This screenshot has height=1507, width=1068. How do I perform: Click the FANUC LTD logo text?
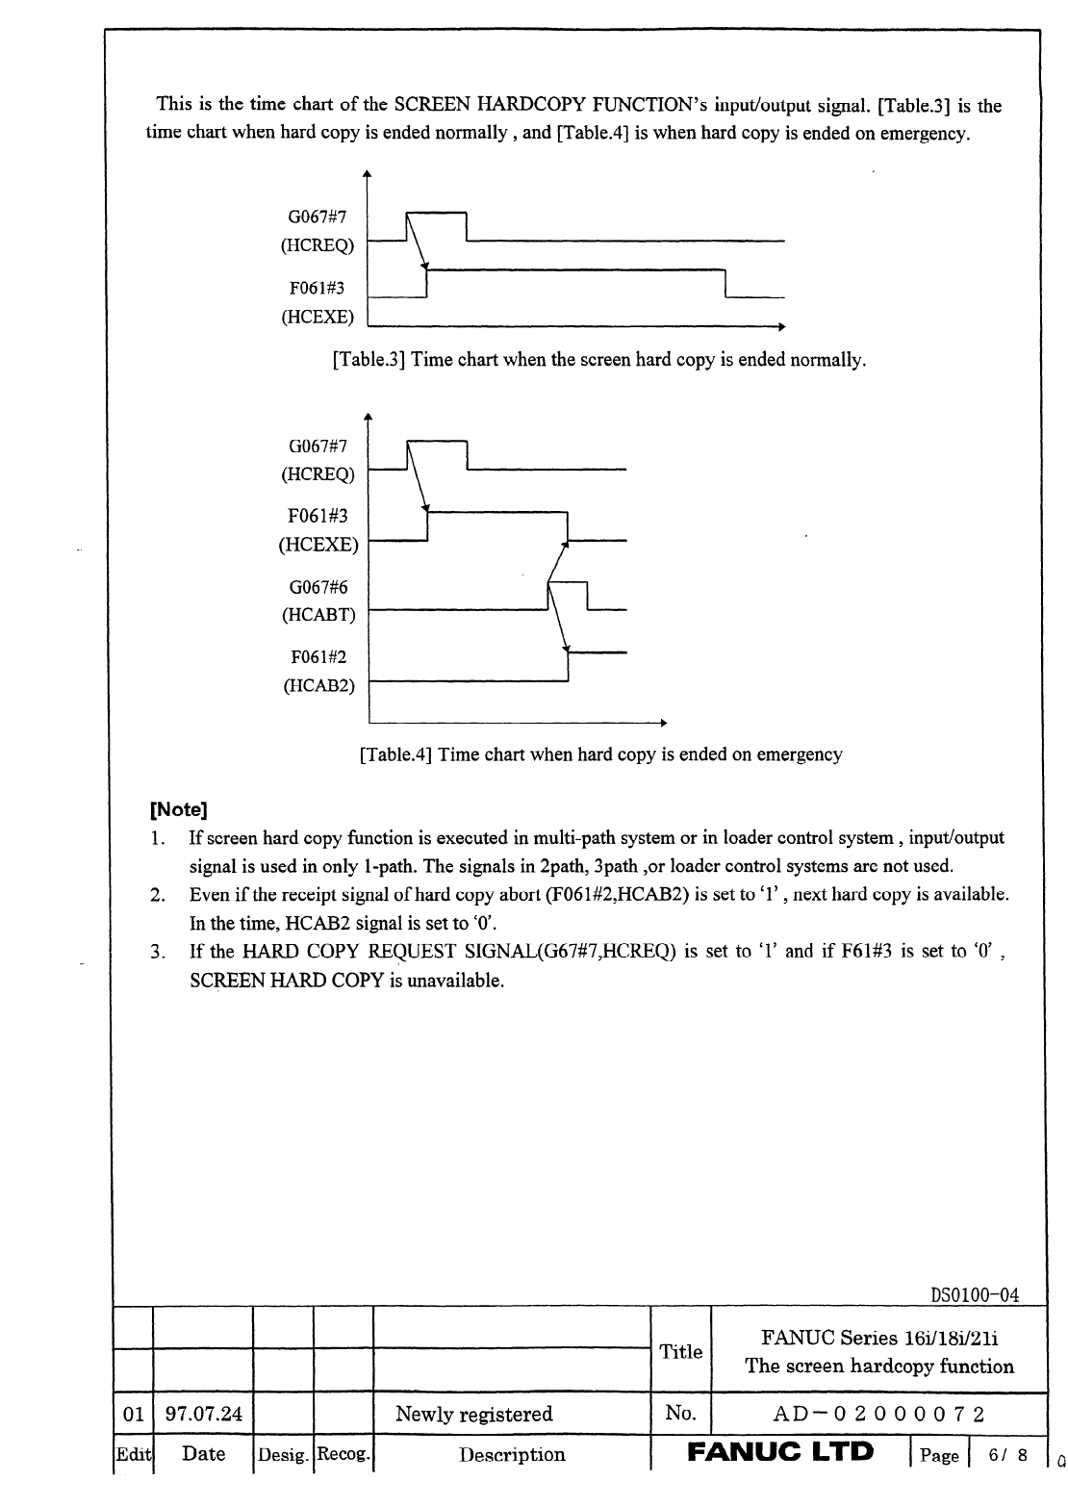780,1452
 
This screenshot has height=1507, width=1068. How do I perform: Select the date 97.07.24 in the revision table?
204,1414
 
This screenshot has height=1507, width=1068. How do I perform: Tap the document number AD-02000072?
879,1414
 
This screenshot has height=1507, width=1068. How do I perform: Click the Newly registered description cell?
474,1414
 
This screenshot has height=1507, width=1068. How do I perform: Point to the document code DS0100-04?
975,1294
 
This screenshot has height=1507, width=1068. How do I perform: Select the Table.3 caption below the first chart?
598,360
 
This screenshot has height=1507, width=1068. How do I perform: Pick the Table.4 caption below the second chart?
600,754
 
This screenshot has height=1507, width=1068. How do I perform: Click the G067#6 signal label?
318,587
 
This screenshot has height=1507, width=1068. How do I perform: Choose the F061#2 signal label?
318,657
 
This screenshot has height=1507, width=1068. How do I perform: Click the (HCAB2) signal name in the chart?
318,686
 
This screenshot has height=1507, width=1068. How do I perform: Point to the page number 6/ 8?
1006,1455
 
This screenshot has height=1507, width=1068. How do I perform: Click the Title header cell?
680,1351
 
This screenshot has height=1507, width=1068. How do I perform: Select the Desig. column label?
283,1454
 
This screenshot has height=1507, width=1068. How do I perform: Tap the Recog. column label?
343,1454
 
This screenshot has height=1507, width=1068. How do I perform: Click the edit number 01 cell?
134,1414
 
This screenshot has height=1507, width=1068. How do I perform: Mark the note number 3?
157,953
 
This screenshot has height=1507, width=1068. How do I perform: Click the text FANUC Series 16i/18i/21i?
879,1338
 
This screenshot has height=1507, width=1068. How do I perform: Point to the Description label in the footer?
512,1454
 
